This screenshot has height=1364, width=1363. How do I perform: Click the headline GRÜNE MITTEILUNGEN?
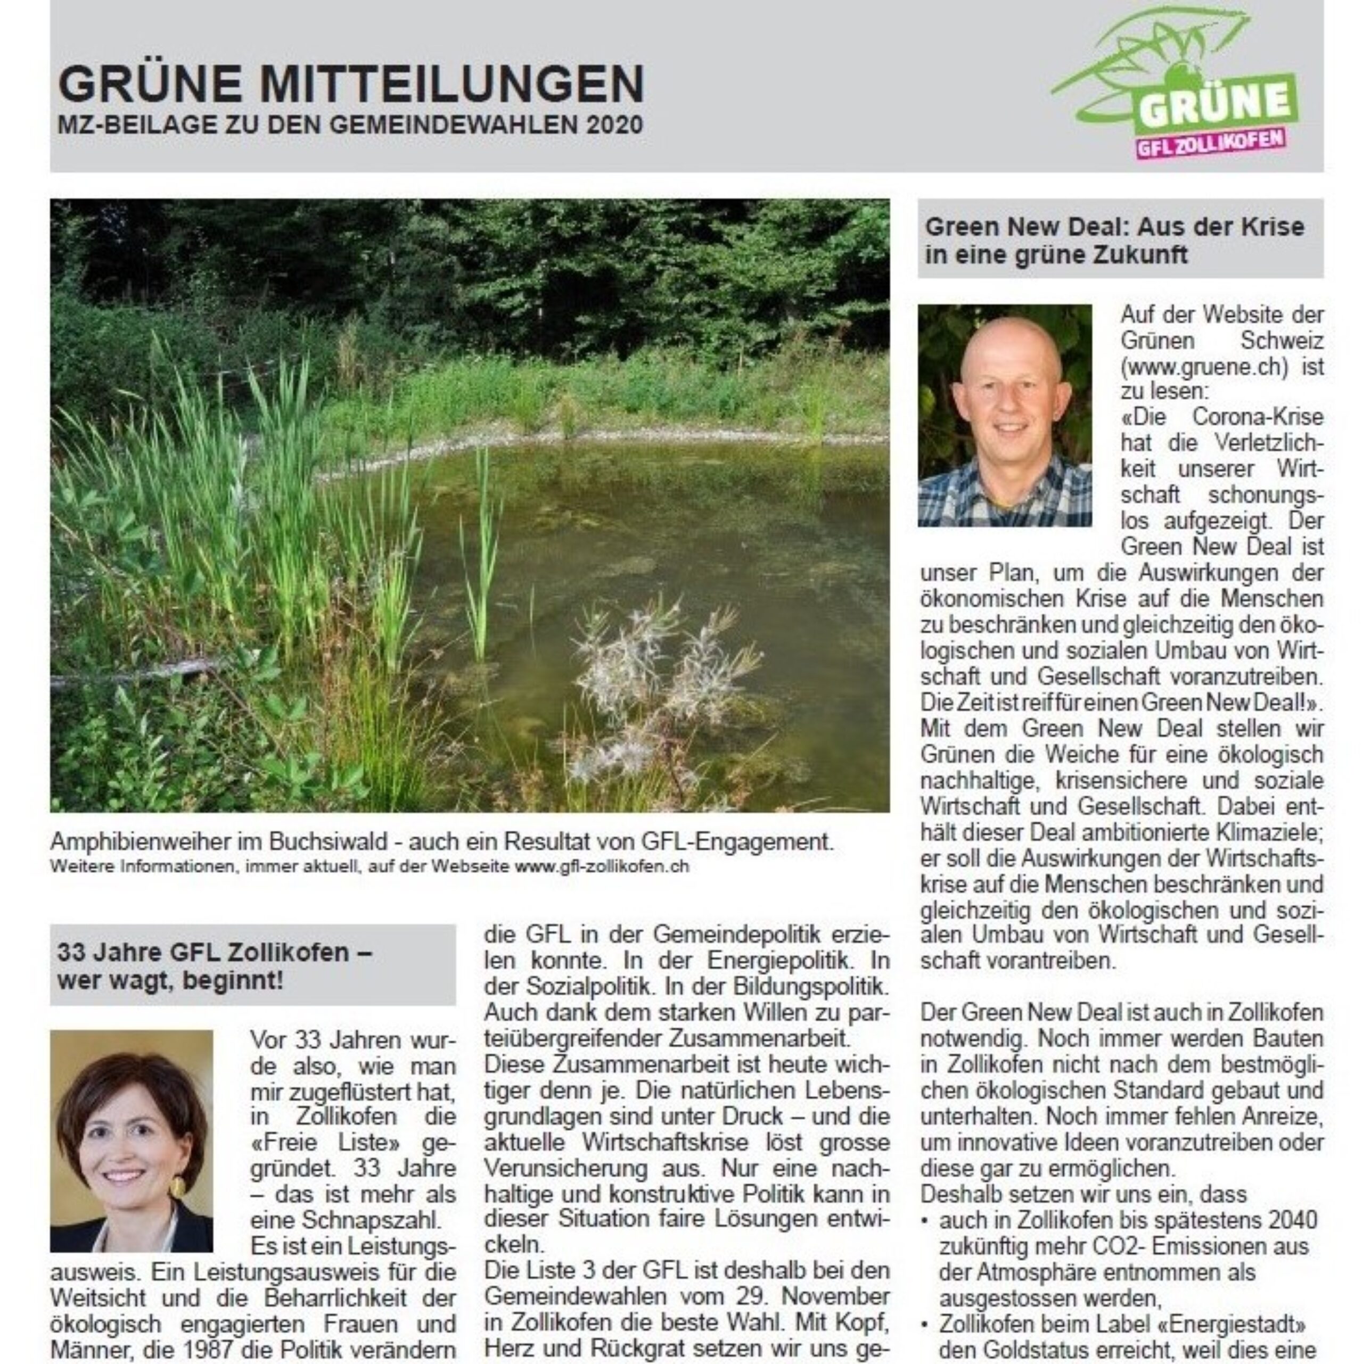[351, 84]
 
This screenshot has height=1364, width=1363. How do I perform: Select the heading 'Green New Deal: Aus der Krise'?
[1114, 227]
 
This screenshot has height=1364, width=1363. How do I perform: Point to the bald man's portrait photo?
[1004, 415]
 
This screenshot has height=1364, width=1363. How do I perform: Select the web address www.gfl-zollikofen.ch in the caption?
[601, 866]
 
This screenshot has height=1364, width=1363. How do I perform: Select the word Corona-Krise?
[1257, 417]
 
